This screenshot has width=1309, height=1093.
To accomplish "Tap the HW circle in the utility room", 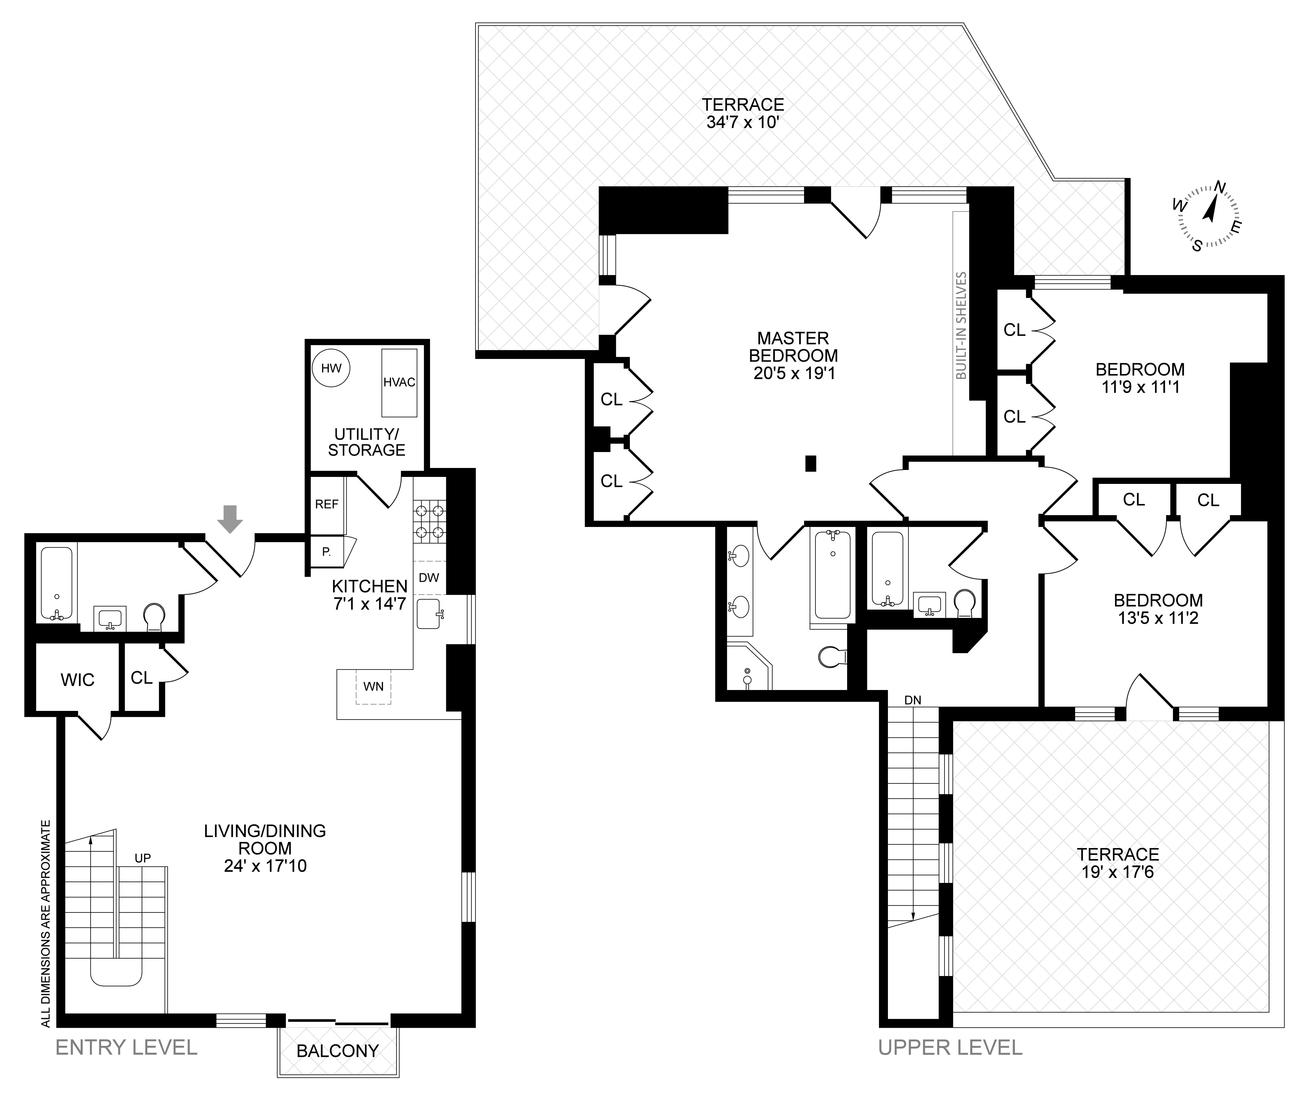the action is (331, 368).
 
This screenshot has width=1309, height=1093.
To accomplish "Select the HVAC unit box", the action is (399, 382).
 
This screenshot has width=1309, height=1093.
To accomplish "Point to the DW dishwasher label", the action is (429, 577).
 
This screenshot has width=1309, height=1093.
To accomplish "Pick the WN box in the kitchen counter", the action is (373, 687).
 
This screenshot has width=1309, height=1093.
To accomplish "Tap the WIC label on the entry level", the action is (77, 680).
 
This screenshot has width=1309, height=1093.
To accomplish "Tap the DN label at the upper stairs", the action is (913, 700).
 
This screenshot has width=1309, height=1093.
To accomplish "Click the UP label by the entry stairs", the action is (143, 859).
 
